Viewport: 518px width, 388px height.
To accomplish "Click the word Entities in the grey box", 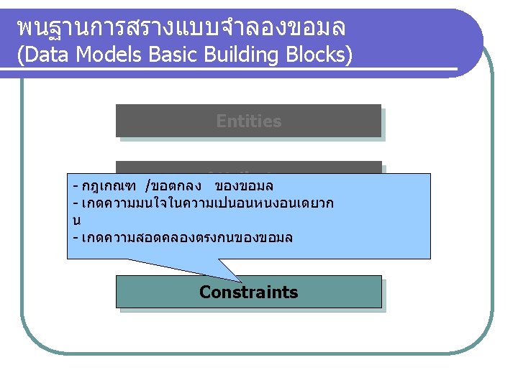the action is tap(248, 121).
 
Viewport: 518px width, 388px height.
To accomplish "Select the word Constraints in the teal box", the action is tap(248, 292).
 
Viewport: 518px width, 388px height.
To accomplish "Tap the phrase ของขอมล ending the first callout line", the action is tap(244, 186).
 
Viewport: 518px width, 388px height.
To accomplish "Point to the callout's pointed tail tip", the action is tap(241, 281).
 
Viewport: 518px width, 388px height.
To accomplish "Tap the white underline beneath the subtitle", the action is tap(237, 70).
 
